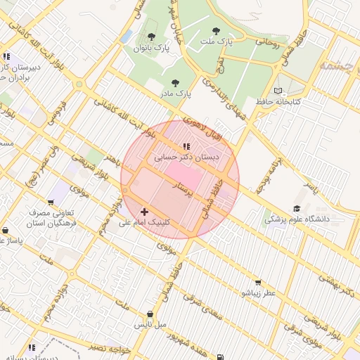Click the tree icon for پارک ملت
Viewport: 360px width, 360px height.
coord(215,31)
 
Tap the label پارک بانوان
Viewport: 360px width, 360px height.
coord(153,49)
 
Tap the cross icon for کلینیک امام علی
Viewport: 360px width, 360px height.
coord(144,211)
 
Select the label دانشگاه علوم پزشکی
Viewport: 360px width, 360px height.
coord(297,219)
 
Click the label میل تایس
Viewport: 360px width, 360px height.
coord(150,326)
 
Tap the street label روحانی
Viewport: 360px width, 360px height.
coord(267,42)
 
